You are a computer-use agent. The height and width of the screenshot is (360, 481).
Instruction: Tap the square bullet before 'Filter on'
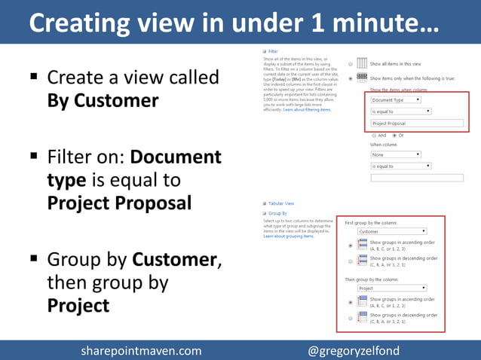click(34, 157)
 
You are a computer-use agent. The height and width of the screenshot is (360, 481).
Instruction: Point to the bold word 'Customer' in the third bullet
click(174, 260)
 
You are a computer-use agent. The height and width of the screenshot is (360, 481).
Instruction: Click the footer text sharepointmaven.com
click(141, 350)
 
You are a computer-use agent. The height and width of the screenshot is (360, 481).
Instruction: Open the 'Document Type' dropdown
click(395, 99)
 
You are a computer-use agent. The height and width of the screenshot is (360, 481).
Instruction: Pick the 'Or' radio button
click(394, 135)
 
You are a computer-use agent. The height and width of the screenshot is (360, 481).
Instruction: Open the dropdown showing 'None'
click(400, 154)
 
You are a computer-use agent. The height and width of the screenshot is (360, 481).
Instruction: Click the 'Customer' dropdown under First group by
click(391, 231)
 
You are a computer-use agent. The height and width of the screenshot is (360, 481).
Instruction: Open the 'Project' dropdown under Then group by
click(391, 288)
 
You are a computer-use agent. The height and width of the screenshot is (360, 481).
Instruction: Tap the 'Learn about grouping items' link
click(287, 236)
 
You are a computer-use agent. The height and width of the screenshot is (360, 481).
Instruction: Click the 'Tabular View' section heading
click(281, 203)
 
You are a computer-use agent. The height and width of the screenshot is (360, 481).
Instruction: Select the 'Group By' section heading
click(277, 213)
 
